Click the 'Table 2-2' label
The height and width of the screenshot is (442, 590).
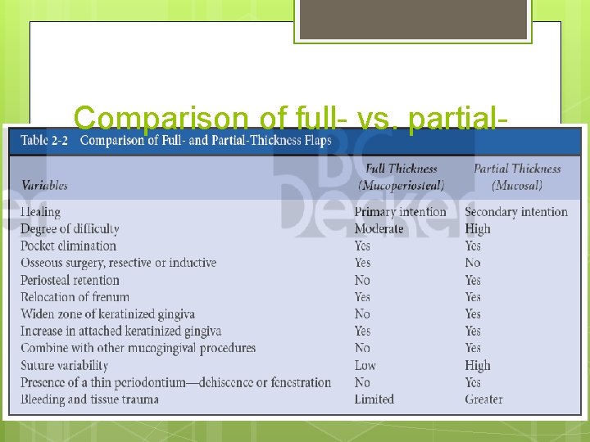pyautogui.click(x=46, y=140)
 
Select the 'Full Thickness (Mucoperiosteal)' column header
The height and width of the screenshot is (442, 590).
pyautogui.click(x=401, y=177)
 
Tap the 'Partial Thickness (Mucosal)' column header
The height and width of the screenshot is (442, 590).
pyautogui.click(x=515, y=177)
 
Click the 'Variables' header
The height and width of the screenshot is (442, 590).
pyautogui.click(x=44, y=186)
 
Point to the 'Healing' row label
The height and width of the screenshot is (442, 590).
pyautogui.click(x=40, y=212)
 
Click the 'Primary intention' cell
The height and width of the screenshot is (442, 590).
pyautogui.click(x=400, y=212)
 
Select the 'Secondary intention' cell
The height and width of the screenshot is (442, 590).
pyautogui.click(x=515, y=212)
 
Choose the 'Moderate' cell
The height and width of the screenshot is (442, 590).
pyautogui.click(x=379, y=228)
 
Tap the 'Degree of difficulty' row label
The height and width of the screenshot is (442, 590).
pyautogui.click(x=70, y=228)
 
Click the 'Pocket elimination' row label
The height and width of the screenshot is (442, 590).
pyautogui.click(x=68, y=246)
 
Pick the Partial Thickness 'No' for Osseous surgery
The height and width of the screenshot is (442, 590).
pyautogui.click(x=473, y=263)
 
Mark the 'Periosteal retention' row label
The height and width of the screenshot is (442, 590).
pyautogui.click(x=70, y=280)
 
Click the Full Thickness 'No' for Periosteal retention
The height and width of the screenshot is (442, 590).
pyautogui.click(x=362, y=280)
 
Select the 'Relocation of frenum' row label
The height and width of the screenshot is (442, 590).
pyautogui.click(x=75, y=297)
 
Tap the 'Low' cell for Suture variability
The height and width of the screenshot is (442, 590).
pyautogui.click(x=365, y=365)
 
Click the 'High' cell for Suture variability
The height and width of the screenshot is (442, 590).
pyautogui.click(x=478, y=365)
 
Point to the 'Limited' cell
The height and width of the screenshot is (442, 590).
pyautogui.click(x=374, y=399)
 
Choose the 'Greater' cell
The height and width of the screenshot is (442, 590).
pyautogui.click(x=483, y=399)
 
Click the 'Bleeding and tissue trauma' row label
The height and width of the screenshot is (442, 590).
pyautogui.click(x=89, y=399)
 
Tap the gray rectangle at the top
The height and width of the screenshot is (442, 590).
pyautogui.click(x=412, y=20)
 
